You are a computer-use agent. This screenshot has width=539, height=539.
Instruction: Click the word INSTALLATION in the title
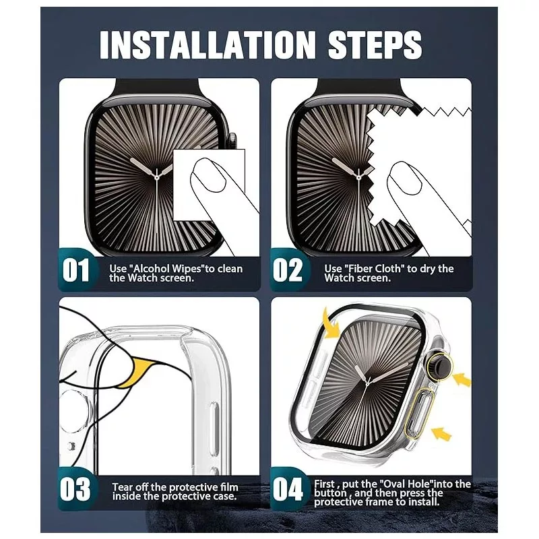pyautogui.click(x=207, y=44)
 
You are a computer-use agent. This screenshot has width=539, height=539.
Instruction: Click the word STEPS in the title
pyautogui.click(x=375, y=44)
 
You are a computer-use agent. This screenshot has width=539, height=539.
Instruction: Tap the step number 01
pyautogui.click(x=76, y=270)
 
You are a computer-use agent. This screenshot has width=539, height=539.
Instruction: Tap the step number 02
pyautogui.click(x=288, y=270)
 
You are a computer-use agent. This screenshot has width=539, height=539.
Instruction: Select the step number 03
pyautogui.click(x=75, y=489)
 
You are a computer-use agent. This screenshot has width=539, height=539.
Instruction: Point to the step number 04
pyautogui.click(x=288, y=489)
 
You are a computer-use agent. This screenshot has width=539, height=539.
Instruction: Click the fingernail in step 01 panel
pyautogui.click(x=208, y=175)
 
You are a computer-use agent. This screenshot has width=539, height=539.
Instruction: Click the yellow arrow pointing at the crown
pyautogui.click(x=462, y=380)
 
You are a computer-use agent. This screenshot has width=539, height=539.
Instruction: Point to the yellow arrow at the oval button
pyautogui.click(x=441, y=433)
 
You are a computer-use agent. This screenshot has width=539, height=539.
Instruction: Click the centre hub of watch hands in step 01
pyautogui.click(x=157, y=178)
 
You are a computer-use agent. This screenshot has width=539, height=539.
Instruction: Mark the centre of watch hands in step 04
pyautogui.click(x=368, y=382)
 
